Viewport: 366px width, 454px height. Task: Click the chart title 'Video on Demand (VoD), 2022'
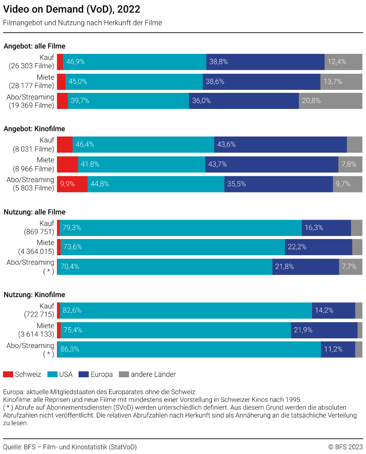pos(72,9)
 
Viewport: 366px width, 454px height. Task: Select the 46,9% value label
pos(75,62)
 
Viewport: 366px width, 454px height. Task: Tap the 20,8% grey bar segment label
pos(311,101)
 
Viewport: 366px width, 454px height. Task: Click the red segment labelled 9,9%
pos(68,184)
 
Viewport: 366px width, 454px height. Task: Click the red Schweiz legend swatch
pos(8,374)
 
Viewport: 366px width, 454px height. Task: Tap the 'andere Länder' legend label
pos(153,374)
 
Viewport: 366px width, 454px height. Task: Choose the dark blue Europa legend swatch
pos(84,374)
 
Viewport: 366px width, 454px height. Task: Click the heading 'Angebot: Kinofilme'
pos(34,129)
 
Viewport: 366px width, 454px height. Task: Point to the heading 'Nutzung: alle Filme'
pos(34,212)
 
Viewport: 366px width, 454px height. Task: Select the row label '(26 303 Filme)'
pos(31,66)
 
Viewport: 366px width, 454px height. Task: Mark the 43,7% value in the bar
pos(218,164)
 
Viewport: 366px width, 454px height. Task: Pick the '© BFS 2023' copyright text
pos(345,447)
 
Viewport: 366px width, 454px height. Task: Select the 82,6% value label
pos(72,310)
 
